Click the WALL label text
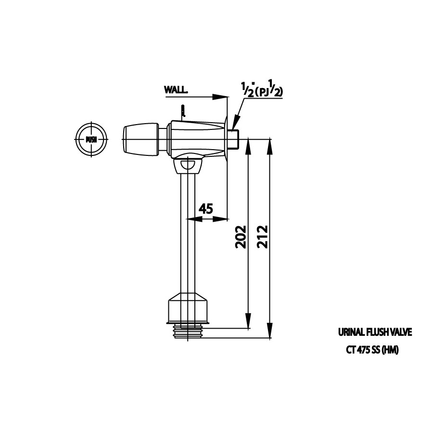click(x=176, y=90)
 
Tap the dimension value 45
click(x=206, y=209)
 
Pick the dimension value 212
click(x=263, y=236)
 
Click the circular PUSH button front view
click(x=91, y=139)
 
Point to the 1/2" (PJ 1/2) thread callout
click(x=262, y=89)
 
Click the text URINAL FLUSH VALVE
click(x=375, y=332)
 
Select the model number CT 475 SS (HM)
click(x=372, y=350)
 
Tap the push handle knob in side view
click(x=140, y=139)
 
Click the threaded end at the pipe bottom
click(x=188, y=332)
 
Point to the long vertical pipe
click(x=188, y=231)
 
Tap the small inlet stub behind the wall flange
click(x=233, y=139)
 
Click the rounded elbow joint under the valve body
click(x=188, y=165)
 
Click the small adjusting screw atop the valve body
click(x=183, y=111)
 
